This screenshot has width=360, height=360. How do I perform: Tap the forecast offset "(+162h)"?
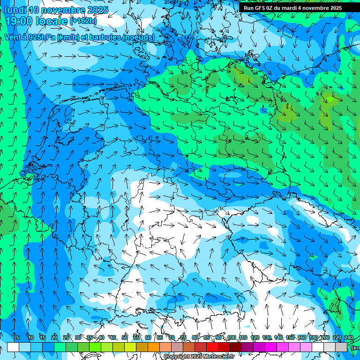tap(83, 21)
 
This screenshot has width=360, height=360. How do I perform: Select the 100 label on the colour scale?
tap(232, 337)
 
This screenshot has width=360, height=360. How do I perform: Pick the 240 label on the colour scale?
tap(349, 337)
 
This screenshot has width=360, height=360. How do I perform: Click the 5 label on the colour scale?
tap(18, 337)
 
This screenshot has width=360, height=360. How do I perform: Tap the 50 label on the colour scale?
tap(125, 337)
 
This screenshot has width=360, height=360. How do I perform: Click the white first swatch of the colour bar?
tap(13, 347)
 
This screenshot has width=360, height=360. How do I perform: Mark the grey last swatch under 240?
tap(341, 347)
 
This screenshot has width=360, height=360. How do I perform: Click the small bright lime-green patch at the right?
tap(331, 99)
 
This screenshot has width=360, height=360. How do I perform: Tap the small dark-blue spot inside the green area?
tap(264, 111)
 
